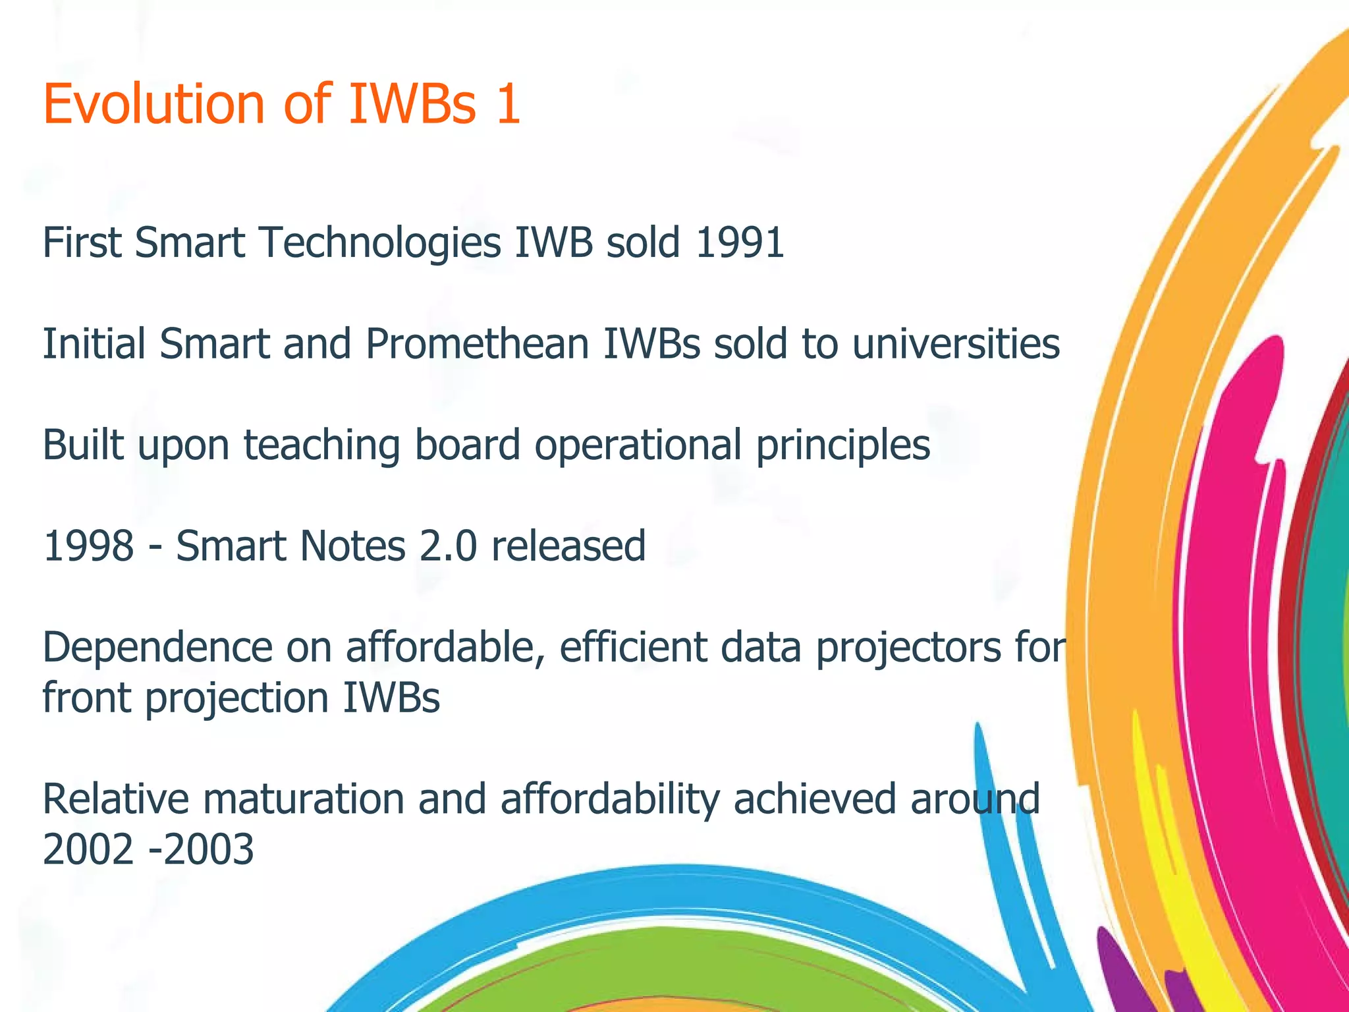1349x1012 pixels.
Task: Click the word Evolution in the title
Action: tap(153, 104)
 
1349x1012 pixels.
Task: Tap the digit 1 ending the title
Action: tap(508, 104)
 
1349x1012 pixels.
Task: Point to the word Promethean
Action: tap(477, 344)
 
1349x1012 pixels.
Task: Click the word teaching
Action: tap(321, 445)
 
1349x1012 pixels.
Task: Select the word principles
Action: tap(842, 445)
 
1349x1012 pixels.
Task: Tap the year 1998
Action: tap(88, 547)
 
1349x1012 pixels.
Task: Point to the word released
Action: tap(568, 547)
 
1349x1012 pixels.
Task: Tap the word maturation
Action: tap(303, 799)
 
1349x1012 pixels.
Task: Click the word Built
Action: tap(83, 445)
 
